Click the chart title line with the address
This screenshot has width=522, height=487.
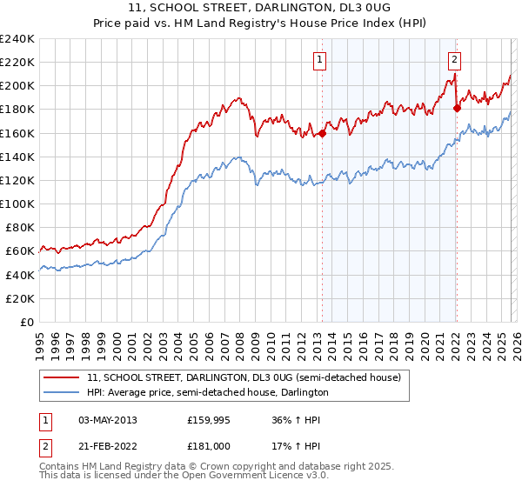coord(261,8)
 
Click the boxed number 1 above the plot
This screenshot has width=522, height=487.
coord(320,60)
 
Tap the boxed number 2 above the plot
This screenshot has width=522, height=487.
coord(455,60)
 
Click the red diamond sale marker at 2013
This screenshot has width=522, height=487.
coord(322,133)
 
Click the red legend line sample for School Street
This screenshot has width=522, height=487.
coord(62,378)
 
